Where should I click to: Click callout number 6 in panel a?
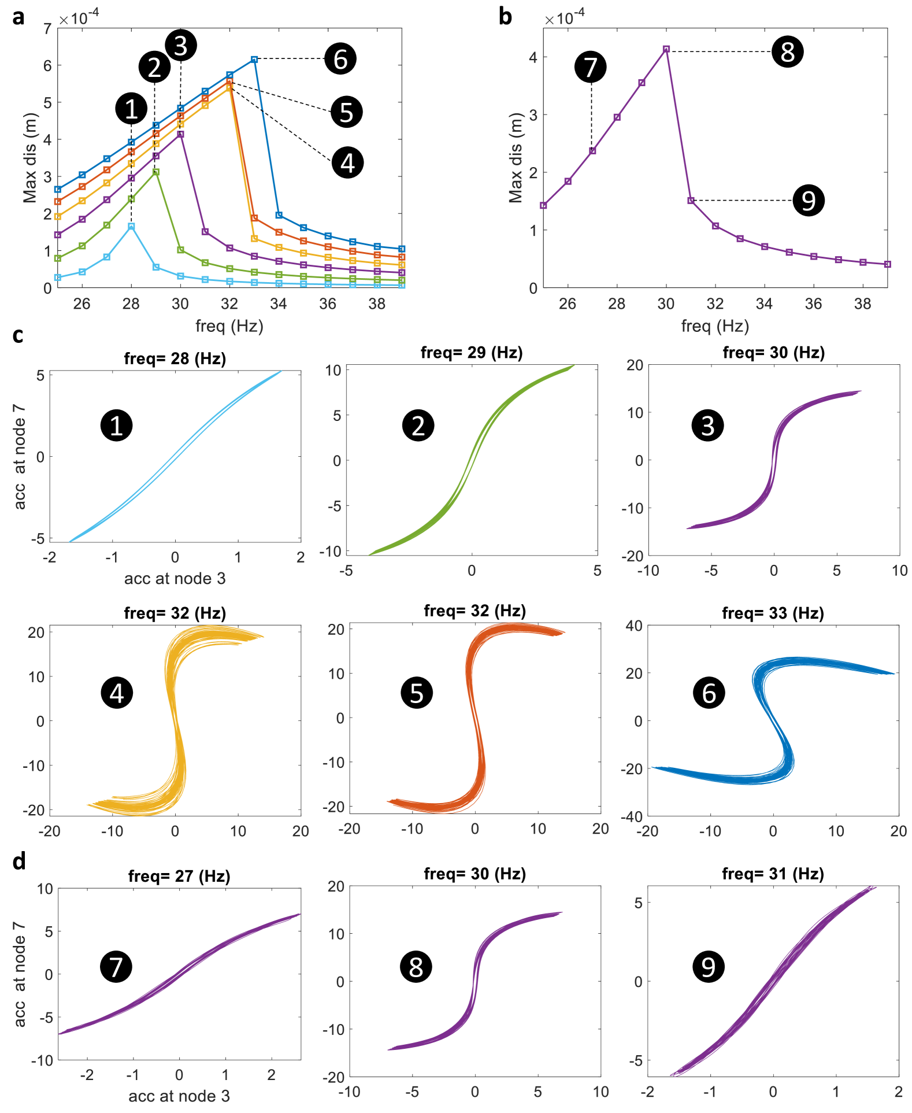(340, 59)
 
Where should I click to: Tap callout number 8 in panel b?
(787, 52)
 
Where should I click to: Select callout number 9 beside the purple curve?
(808, 201)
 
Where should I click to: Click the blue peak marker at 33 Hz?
(254, 60)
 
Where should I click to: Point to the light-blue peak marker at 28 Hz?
(131, 227)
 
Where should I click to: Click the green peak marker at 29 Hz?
(156, 172)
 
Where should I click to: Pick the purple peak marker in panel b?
(666, 49)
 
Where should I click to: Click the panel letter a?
(18, 17)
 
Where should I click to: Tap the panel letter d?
(19, 861)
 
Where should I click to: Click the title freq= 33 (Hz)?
(773, 613)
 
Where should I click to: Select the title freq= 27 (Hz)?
(179, 876)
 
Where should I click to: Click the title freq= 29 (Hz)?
(472, 352)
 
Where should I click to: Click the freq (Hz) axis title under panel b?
(715, 326)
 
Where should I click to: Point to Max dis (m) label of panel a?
(30, 157)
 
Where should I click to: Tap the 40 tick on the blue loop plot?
(634, 626)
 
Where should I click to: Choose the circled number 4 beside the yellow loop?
(117, 693)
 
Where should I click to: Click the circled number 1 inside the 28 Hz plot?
(117, 426)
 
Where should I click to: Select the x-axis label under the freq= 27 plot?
(179, 1096)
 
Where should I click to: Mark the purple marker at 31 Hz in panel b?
(691, 201)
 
